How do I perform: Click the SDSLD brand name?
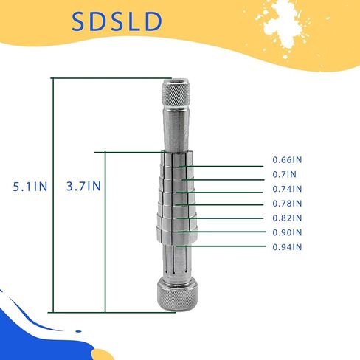(x=117, y=21)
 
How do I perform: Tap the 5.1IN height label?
(x=30, y=187)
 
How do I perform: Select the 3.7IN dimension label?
(x=83, y=186)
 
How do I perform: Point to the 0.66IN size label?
(x=287, y=159)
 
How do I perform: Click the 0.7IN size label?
(x=285, y=174)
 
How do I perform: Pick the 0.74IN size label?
(x=287, y=189)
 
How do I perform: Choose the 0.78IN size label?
(x=287, y=204)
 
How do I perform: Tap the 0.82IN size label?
(x=287, y=218)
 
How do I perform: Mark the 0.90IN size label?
(x=287, y=232)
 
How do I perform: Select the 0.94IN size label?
(x=287, y=247)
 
